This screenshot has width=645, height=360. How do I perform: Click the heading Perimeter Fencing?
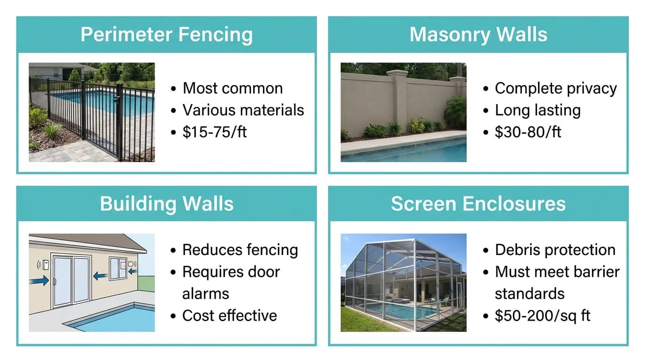166,35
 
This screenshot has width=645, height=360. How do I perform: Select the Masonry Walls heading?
478,35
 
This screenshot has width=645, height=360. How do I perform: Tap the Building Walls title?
166,204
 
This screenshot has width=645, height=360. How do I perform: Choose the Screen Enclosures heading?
478,204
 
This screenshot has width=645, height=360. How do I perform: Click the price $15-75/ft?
214,132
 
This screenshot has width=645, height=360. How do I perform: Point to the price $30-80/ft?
528,132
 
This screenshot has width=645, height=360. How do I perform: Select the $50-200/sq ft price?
542,315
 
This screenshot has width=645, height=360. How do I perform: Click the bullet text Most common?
232,88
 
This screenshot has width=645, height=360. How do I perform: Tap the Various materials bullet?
243,110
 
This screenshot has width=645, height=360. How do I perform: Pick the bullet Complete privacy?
555,88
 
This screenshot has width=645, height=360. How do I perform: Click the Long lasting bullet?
538,110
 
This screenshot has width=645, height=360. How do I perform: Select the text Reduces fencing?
240,250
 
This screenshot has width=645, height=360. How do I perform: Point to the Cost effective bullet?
229,315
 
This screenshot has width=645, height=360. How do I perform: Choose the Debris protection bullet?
555,250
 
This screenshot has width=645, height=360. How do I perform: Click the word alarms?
205,294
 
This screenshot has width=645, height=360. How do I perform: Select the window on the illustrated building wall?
118,268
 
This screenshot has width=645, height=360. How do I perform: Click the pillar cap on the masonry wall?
397,73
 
